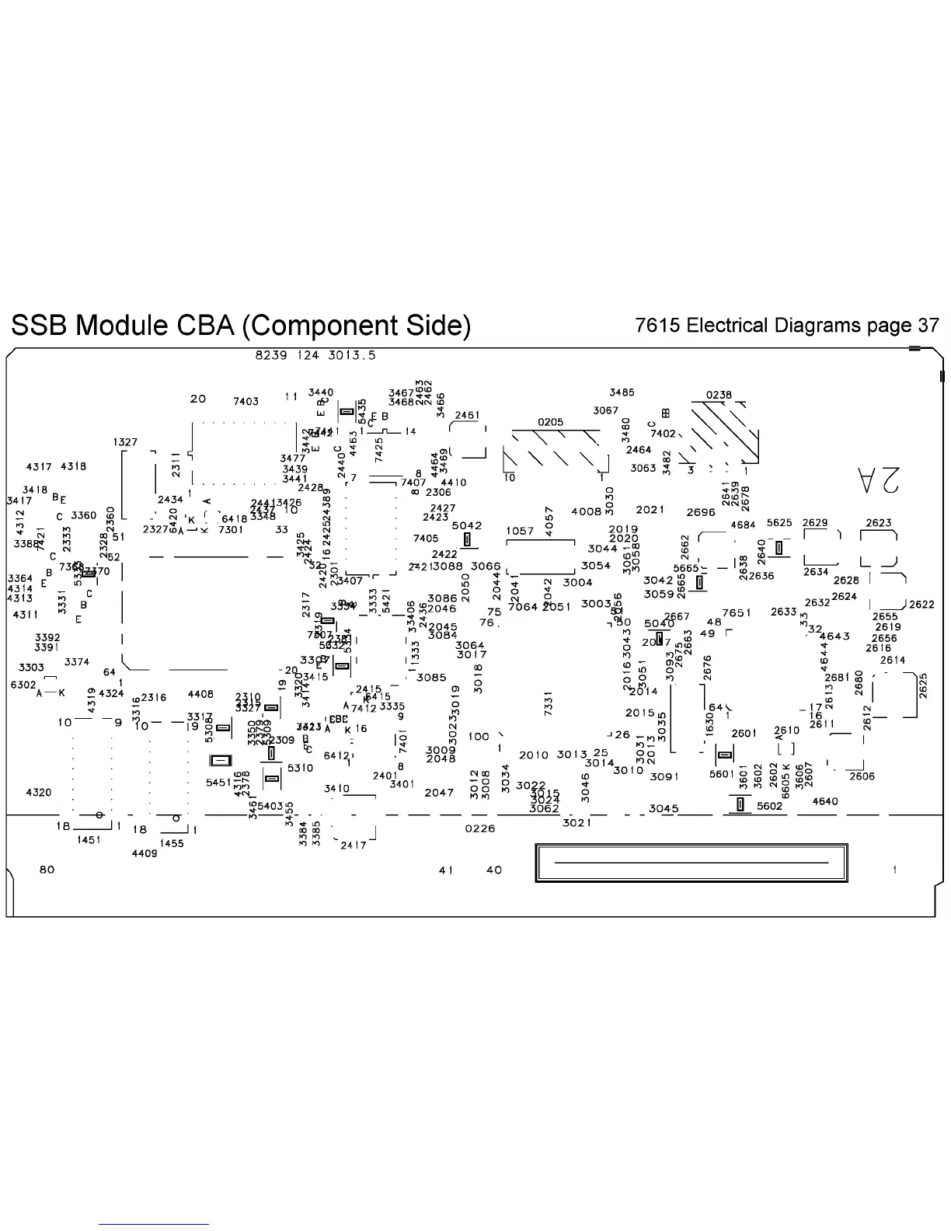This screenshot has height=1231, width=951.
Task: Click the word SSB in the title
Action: (x=38, y=325)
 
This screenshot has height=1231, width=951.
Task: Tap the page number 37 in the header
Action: (x=928, y=325)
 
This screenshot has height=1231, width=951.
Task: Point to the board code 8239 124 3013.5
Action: (x=315, y=355)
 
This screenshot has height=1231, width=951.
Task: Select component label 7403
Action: (x=246, y=402)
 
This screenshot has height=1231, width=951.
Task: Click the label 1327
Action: (x=125, y=442)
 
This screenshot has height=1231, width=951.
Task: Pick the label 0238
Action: (x=719, y=395)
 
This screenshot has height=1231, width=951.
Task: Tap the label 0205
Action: (x=550, y=422)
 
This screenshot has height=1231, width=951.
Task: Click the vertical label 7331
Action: (x=549, y=704)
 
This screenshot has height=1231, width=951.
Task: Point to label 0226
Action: (x=479, y=828)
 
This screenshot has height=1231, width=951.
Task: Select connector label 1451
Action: (x=89, y=840)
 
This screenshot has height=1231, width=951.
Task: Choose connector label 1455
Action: (x=172, y=843)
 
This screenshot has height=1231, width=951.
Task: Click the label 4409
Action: (x=144, y=853)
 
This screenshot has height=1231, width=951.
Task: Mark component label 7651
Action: (x=737, y=613)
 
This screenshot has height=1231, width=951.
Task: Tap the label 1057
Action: (x=520, y=532)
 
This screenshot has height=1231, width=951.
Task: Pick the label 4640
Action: (x=825, y=801)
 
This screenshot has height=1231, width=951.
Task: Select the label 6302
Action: (x=23, y=685)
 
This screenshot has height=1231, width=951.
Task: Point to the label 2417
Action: (x=354, y=846)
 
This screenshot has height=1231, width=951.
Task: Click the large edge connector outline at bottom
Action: (x=691, y=863)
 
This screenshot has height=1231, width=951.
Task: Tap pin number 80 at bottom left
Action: (x=47, y=870)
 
